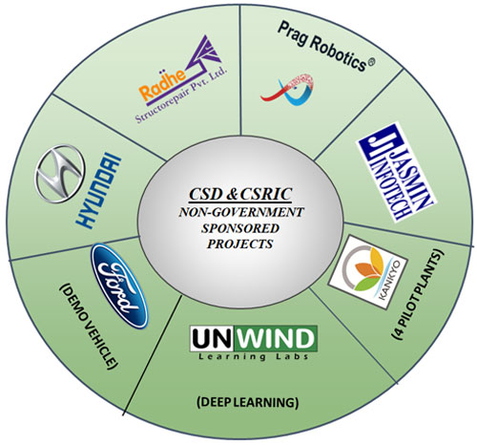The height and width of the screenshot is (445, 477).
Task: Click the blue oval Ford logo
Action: coord(119,286)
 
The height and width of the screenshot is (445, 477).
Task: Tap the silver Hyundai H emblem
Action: coord(60,174)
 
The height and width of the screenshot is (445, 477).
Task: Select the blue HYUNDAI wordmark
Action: coord(99,190)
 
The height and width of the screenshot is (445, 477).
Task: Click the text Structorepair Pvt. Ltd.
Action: coord(181,95)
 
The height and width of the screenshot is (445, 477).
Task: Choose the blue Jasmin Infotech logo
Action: coord(396,172)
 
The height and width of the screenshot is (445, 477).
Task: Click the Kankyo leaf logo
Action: coord(368,272)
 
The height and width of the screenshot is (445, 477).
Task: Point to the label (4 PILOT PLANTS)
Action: coord(418,295)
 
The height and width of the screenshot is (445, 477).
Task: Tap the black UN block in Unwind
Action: coord(211,339)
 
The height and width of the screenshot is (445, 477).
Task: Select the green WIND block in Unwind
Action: coord(274,339)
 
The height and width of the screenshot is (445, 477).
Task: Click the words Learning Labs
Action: coord(254,356)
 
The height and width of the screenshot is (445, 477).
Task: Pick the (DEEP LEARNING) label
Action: coord(247,402)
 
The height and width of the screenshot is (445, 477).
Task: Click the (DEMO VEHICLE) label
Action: coord(89,326)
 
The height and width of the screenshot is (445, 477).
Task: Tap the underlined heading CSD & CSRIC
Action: coord(240,195)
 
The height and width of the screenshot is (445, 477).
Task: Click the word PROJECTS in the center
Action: coord(240,244)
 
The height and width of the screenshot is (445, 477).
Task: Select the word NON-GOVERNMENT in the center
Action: coord(241,212)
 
